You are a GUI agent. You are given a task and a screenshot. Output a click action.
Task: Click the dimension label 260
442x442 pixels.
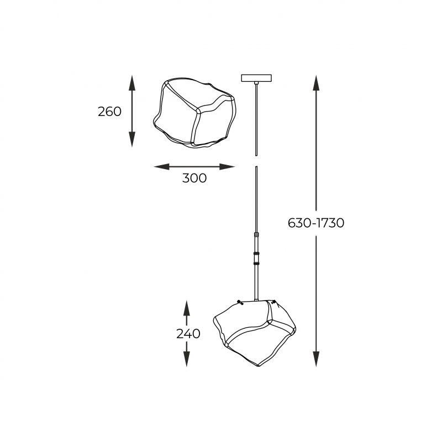pyautogui.click(x=109, y=112)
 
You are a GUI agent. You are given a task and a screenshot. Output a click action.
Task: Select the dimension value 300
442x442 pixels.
pyautogui.click(x=194, y=178)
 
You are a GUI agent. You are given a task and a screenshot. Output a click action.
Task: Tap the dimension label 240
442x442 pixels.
pyautogui.click(x=188, y=334)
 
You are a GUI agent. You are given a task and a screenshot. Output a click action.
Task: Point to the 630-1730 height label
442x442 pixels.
pyautogui.click(x=316, y=223)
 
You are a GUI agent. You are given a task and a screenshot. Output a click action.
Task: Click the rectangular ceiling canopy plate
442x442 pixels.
pyautogui.click(x=256, y=78)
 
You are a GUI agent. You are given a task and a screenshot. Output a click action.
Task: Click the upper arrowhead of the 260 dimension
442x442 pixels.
pyautogui.click(x=132, y=83)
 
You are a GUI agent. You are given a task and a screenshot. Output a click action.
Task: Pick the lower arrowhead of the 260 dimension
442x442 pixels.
pyautogui.click(x=132, y=139)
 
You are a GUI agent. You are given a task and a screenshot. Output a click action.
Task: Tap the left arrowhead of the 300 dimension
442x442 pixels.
pyautogui.click(x=161, y=167)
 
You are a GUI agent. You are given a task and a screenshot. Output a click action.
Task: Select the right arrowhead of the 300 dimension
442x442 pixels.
pyautogui.click(x=227, y=167)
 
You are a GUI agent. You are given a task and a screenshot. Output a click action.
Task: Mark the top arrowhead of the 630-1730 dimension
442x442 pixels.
pyautogui.click(x=316, y=83)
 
